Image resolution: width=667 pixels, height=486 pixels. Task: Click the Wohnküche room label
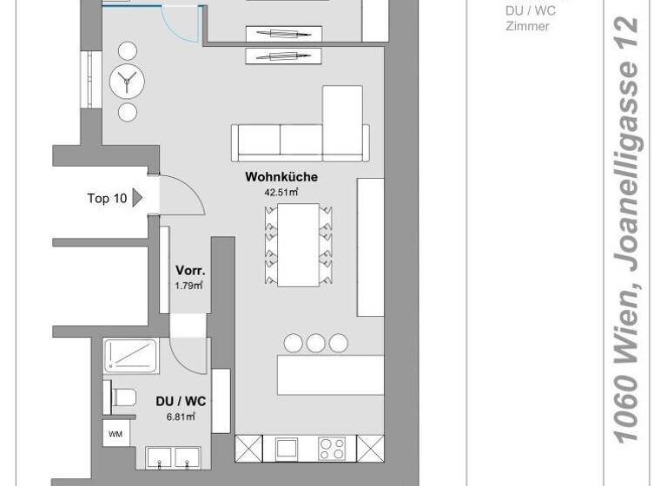point(281,177)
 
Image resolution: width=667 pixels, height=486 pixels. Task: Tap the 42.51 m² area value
point(281,193)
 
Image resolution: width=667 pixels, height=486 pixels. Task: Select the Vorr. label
point(189,270)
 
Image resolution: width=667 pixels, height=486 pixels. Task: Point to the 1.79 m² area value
point(189,285)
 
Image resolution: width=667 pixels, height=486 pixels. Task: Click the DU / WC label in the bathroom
point(181,401)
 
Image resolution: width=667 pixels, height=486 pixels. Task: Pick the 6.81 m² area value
point(181,417)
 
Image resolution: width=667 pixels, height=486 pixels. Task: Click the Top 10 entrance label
point(107,198)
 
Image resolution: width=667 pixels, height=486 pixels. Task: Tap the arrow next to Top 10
point(137,198)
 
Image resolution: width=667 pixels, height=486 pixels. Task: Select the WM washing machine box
point(115,434)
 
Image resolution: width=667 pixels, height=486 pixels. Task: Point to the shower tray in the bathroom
point(130,356)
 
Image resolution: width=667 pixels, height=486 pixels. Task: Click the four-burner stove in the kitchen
point(331,449)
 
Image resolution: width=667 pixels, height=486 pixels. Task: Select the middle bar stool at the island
point(315,344)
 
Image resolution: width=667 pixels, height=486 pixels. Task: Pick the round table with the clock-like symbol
point(128,82)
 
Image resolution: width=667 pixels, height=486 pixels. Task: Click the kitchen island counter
point(330,375)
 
